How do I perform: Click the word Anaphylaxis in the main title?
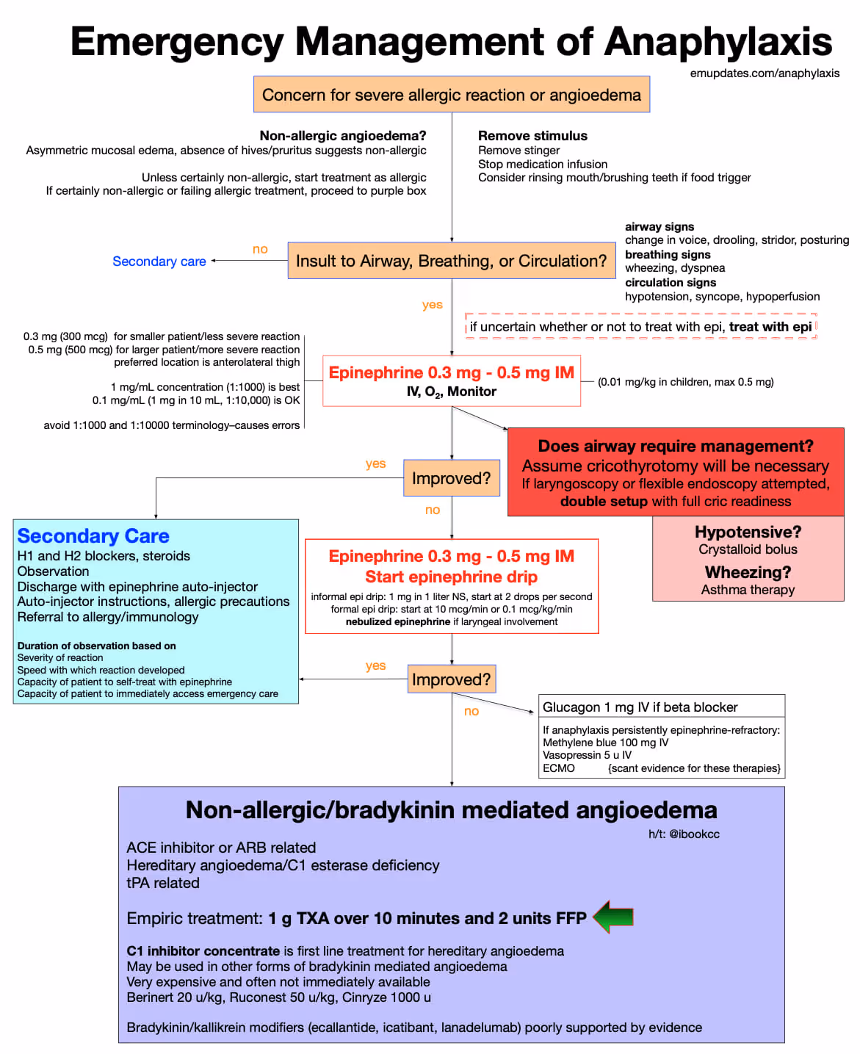pyautogui.click(x=718, y=42)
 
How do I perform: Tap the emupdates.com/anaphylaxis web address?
pyautogui.click(x=765, y=73)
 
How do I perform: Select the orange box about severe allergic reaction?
pyautogui.click(x=451, y=95)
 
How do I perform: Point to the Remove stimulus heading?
pyautogui.click(x=532, y=136)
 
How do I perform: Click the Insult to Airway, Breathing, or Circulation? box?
pyautogui.click(x=451, y=261)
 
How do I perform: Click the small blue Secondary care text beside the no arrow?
pyautogui.click(x=159, y=261)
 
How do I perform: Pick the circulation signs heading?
pyautogui.click(x=670, y=283)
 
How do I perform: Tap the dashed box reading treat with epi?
pyautogui.click(x=640, y=327)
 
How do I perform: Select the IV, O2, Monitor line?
pyautogui.click(x=451, y=392)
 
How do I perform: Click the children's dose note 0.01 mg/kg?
pyautogui.click(x=685, y=382)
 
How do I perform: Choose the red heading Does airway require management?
pyautogui.click(x=675, y=447)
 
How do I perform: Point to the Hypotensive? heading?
pyautogui.click(x=748, y=532)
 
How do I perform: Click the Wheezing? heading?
pyautogui.click(x=748, y=572)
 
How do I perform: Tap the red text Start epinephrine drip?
pyautogui.click(x=451, y=577)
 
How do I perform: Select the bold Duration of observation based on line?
pyautogui.click(x=96, y=646)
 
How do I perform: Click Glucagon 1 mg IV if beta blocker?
pyautogui.click(x=640, y=707)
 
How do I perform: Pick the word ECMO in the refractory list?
pyautogui.click(x=558, y=768)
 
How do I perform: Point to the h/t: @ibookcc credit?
pyautogui.click(x=684, y=834)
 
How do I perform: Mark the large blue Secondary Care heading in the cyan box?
pyautogui.click(x=93, y=536)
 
